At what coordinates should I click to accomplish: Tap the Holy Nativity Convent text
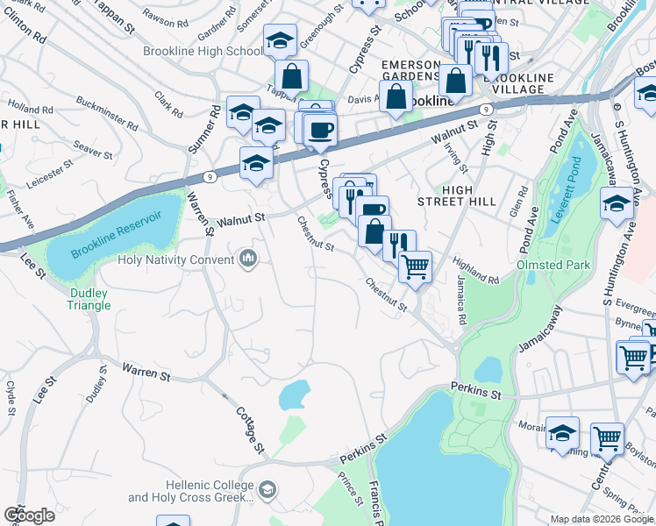pos(176,258)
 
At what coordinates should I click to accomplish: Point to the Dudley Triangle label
pos(89,299)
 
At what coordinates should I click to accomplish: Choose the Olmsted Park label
pos(554,264)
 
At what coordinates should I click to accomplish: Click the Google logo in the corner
pos(29,515)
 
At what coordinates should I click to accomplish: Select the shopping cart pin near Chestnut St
pos(415,265)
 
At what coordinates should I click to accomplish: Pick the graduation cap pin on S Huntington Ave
pos(617,204)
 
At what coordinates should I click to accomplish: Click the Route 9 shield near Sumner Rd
pos(209,176)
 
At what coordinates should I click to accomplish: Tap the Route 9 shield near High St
pos(484,109)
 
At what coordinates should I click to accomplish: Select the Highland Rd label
pos(474,269)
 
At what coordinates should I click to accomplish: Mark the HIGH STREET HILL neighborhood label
pos(457,196)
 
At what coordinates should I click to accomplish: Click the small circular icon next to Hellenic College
pos(267,489)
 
